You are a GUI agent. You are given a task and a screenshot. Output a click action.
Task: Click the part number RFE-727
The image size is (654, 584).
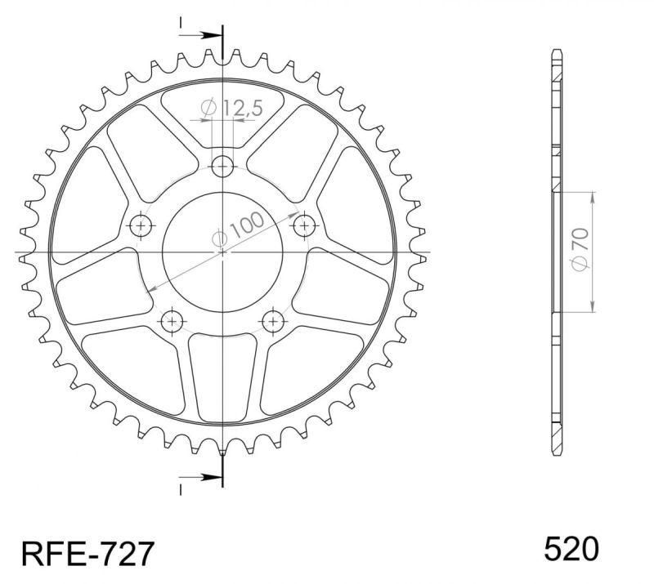(x=87, y=553)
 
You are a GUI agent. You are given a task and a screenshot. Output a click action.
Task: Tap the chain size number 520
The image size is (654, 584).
(x=571, y=548)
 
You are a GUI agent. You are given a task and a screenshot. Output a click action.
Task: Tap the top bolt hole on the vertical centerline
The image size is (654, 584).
(x=222, y=167)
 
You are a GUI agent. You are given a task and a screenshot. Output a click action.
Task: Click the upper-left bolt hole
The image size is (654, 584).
(x=141, y=226)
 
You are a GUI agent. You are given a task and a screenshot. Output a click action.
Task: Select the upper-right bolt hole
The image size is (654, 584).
(x=304, y=226)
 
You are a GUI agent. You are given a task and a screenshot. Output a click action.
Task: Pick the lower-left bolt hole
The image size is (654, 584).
(x=172, y=321)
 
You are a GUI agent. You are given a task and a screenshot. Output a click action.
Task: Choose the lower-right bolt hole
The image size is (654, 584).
(x=273, y=321)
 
